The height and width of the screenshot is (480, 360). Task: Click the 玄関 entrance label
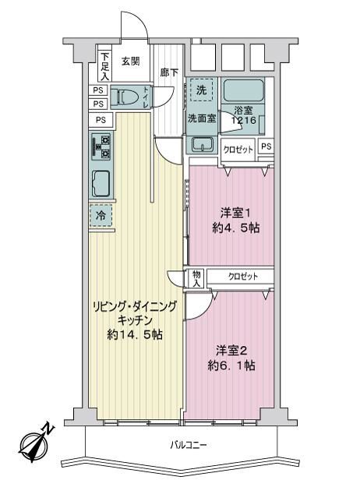[x=131, y=62]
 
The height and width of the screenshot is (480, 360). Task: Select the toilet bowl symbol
[x=122, y=96]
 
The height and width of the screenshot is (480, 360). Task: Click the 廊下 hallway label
[x=169, y=72]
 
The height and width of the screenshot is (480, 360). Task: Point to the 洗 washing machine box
[x=201, y=90]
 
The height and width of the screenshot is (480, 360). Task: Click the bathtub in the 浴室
[x=244, y=90]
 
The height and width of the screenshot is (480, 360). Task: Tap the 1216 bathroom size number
[x=243, y=120]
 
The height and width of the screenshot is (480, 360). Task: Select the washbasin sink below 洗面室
[x=203, y=144]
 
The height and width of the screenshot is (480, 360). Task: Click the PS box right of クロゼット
[x=266, y=147]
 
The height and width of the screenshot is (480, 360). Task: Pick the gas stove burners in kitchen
[x=101, y=147]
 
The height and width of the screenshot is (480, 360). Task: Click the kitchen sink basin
[x=101, y=183]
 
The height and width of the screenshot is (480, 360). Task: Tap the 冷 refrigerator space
[x=101, y=216]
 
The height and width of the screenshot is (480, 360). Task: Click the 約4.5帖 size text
[x=236, y=228]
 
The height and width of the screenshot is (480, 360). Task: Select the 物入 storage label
[x=196, y=279]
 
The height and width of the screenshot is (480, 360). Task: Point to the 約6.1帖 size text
[x=231, y=365]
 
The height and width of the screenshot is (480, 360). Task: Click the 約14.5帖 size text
[x=135, y=334]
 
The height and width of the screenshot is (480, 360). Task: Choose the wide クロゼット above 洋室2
[x=241, y=277]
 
